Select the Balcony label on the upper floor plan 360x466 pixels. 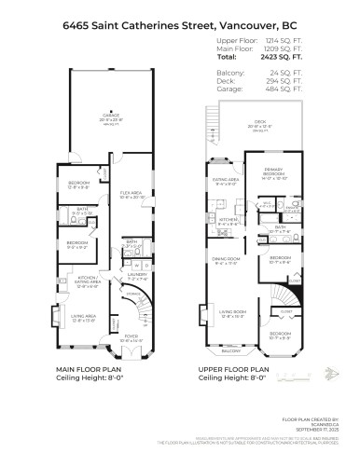229,377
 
